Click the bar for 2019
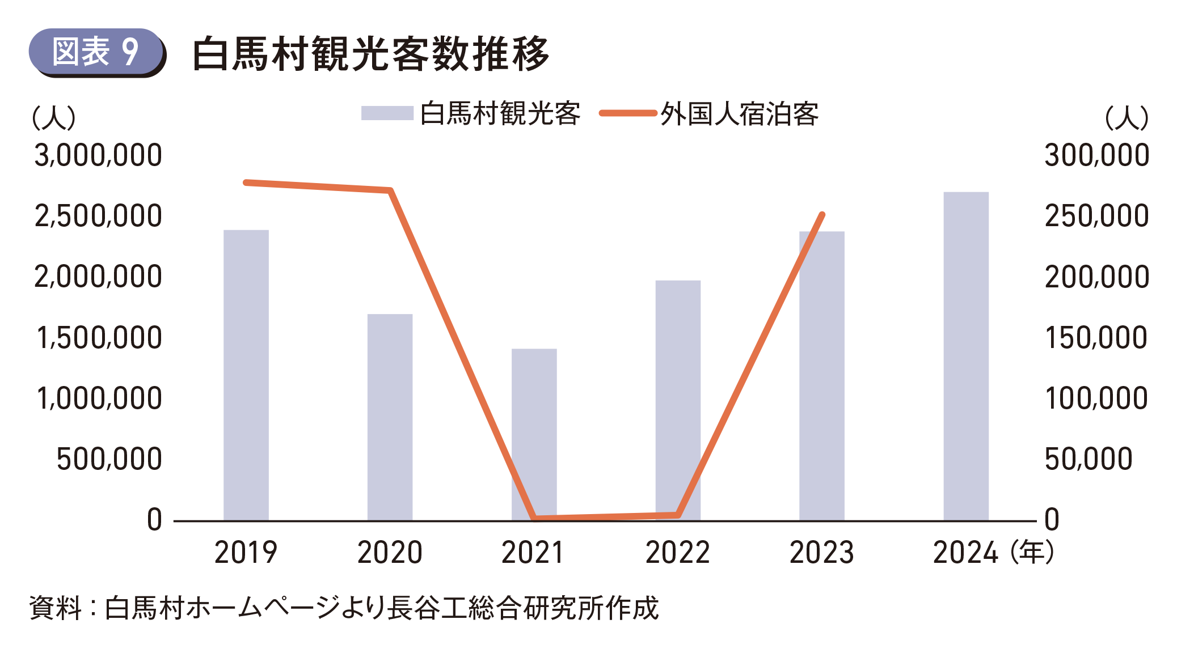(246, 374)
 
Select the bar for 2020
(390, 417)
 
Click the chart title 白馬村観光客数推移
(371, 54)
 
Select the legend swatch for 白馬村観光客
(387, 113)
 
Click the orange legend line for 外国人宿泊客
(628, 113)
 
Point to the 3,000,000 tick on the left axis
(98, 155)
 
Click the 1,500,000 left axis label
(99, 338)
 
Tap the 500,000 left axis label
(109, 459)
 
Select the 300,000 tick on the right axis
(1097, 155)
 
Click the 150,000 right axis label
(1097, 338)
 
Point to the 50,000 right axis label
(1089, 459)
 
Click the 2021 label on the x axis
(533, 553)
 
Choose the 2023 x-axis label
(821, 553)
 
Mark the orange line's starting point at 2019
(246, 183)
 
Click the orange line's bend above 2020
(390, 190)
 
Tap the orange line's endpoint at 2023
(822, 215)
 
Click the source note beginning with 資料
(344, 608)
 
